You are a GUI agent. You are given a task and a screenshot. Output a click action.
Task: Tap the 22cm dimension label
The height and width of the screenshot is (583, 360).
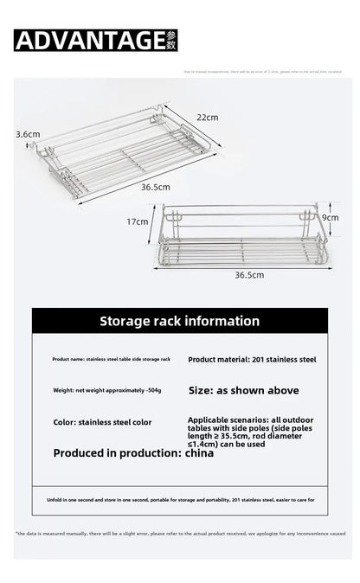tap(207, 117)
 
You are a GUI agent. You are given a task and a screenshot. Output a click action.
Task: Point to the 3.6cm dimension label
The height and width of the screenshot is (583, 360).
tap(28, 134)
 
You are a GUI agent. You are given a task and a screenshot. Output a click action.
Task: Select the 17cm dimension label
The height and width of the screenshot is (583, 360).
tap(138, 221)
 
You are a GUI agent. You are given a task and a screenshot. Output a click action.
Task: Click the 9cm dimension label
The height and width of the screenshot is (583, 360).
tap(329, 219)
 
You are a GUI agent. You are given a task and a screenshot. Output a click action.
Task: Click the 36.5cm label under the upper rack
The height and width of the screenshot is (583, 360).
tap(157, 186)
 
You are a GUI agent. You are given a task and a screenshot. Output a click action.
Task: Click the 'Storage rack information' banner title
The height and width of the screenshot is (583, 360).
tap(179, 321)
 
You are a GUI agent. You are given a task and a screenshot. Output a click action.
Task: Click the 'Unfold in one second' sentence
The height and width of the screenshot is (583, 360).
tap(179, 501)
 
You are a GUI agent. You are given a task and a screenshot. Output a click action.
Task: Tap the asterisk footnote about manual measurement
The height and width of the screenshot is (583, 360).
tap(179, 533)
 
